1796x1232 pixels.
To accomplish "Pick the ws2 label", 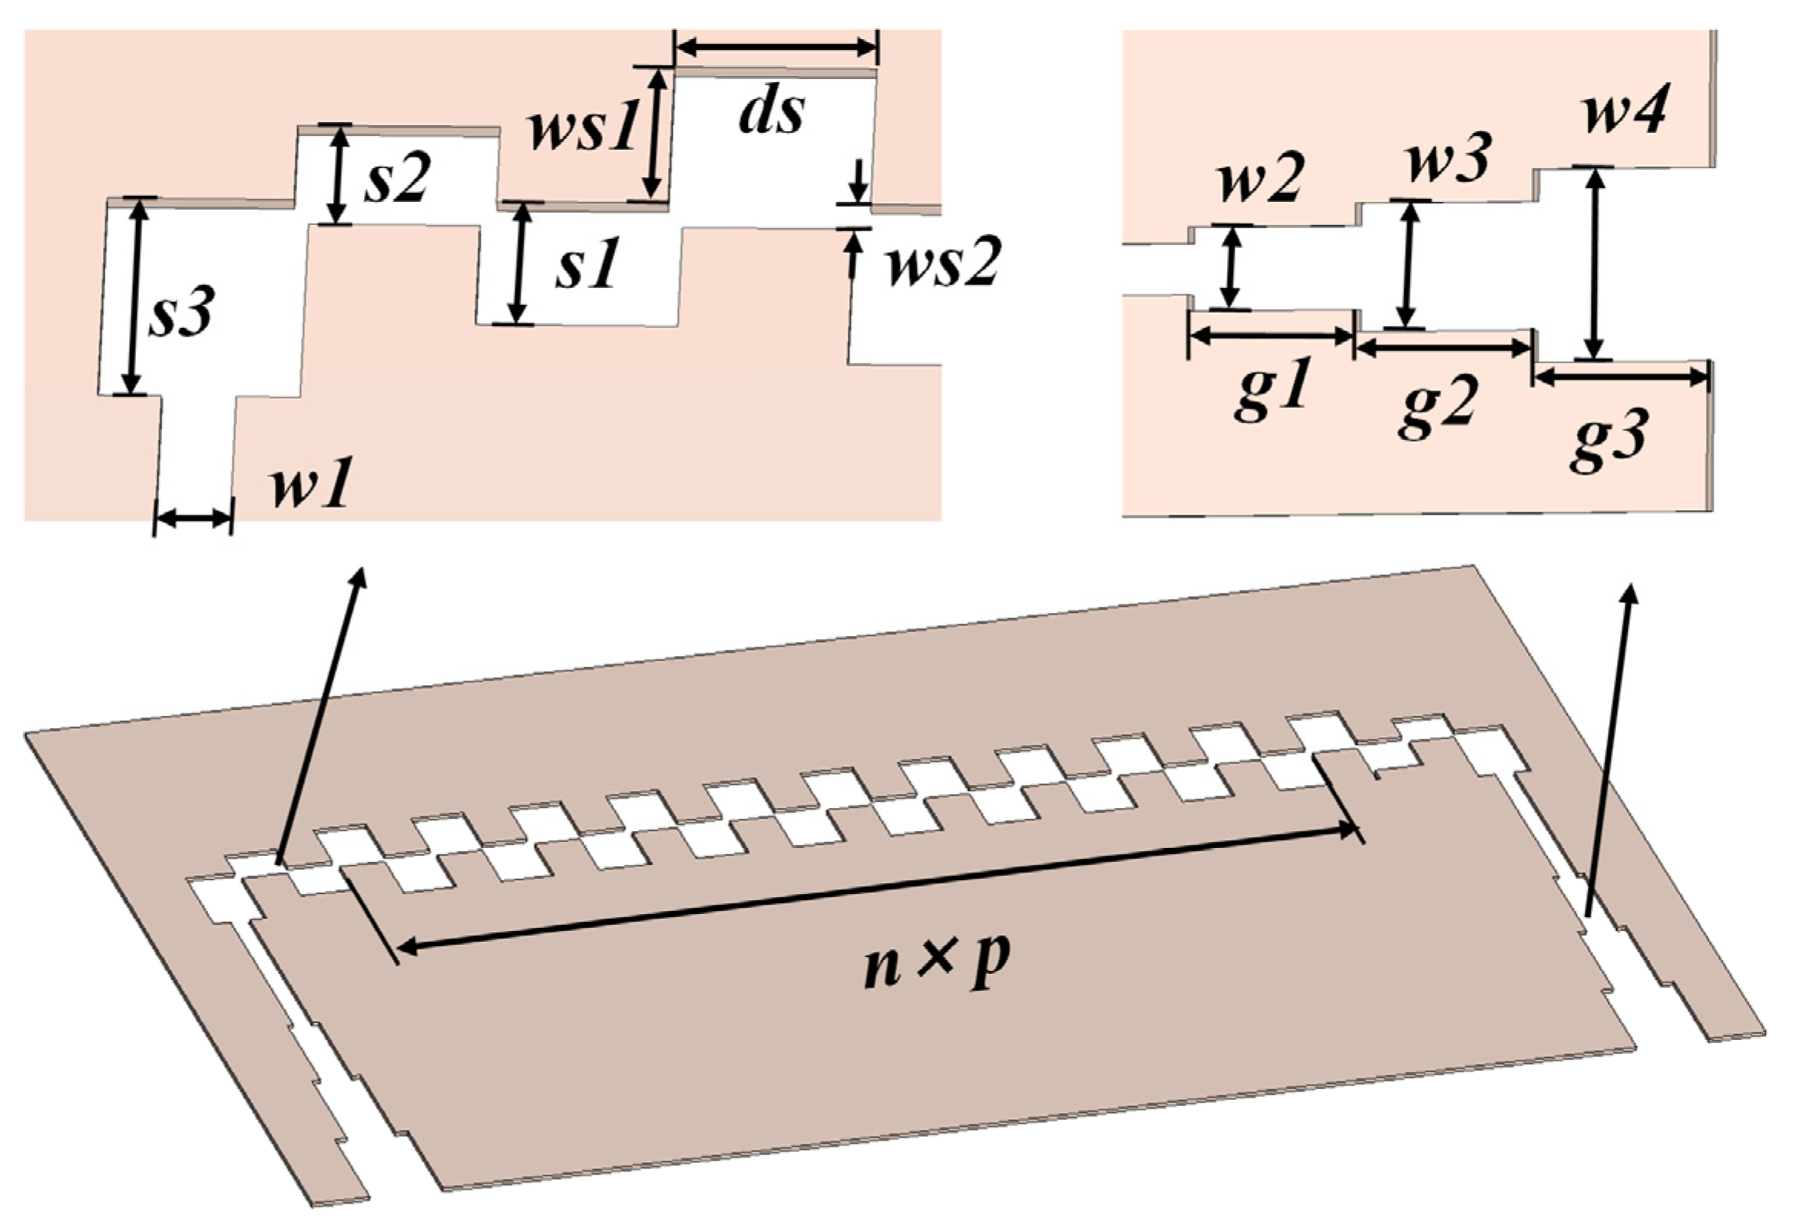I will pyautogui.click(x=943, y=263).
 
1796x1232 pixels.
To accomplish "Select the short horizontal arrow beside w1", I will pyautogui.click(x=193, y=520).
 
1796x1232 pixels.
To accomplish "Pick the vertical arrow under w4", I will pyautogui.click(x=1593, y=263).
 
